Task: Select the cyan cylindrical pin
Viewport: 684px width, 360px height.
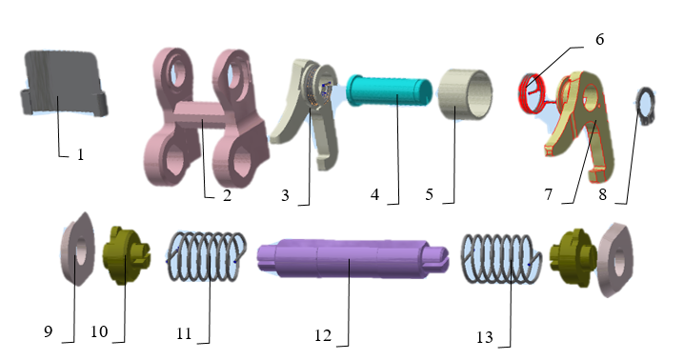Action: coord(390,91)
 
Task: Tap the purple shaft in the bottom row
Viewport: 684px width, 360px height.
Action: coord(352,258)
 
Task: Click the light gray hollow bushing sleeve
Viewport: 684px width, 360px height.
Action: coord(466,94)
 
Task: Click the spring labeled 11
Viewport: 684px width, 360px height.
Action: coord(207,255)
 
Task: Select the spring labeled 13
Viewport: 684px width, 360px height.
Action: coord(501,259)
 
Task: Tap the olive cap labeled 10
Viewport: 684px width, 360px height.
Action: coord(125,255)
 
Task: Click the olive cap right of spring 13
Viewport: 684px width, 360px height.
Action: coord(573,258)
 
